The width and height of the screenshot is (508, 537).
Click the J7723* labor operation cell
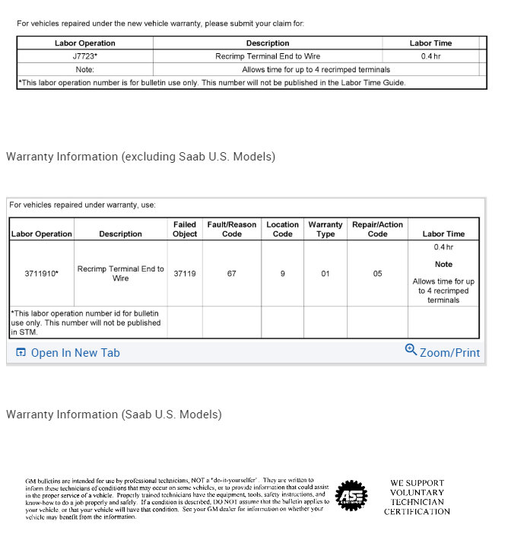(x=85, y=56)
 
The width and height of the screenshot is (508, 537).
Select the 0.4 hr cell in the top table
(x=430, y=56)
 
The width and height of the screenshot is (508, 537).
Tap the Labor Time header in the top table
(x=430, y=43)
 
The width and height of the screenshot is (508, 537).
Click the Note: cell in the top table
(x=85, y=69)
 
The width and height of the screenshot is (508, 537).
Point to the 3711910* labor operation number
(x=41, y=273)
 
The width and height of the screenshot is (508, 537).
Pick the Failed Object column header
(x=185, y=229)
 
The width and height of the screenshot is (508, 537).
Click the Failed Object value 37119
(x=185, y=273)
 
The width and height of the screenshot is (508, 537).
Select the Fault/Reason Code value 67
(x=232, y=273)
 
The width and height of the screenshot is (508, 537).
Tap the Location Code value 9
(x=282, y=273)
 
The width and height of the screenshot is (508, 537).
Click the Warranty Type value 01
(x=325, y=273)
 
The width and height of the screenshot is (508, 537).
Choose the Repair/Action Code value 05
(x=377, y=273)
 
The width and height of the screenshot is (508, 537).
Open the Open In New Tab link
(x=75, y=353)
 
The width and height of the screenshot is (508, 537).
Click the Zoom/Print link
(x=449, y=353)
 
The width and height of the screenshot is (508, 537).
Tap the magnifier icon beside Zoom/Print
(x=411, y=350)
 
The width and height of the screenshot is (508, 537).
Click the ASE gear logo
(x=351, y=496)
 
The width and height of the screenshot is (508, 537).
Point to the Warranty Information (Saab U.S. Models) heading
(x=114, y=415)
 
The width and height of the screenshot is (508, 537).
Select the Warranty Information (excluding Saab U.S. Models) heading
(x=141, y=157)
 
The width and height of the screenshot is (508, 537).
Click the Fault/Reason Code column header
(x=232, y=229)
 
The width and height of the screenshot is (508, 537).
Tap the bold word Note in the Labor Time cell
(x=443, y=265)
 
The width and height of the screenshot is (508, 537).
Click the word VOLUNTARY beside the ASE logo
(x=417, y=492)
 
